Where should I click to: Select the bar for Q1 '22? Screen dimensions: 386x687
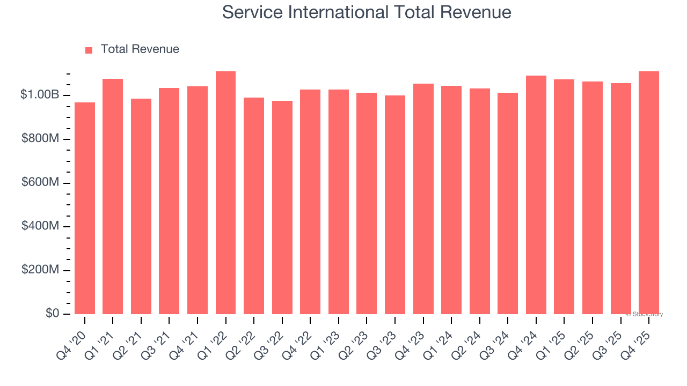(x=225, y=192)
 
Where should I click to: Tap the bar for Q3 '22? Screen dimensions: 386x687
(x=282, y=207)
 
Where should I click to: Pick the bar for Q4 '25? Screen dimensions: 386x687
(x=649, y=192)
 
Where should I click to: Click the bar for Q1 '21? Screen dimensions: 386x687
(x=113, y=196)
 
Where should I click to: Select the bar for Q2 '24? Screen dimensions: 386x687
(x=480, y=201)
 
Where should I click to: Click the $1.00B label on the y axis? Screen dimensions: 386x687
(x=40, y=95)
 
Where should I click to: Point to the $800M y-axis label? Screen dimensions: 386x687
(x=40, y=139)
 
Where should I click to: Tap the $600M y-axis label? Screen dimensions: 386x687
(x=40, y=183)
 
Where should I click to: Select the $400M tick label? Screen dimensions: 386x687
(x=40, y=226)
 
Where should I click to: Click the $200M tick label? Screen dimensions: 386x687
(x=40, y=270)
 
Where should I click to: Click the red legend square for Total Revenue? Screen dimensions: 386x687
(x=89, y=50)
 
